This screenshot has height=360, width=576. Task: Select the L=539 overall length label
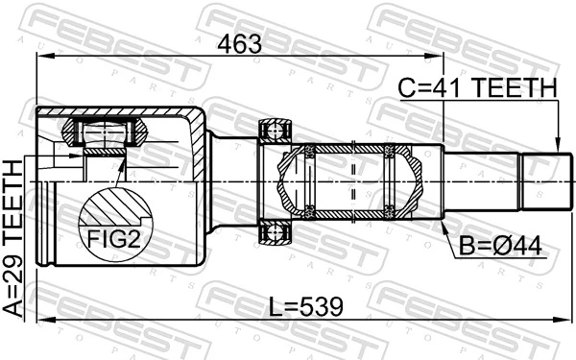305,306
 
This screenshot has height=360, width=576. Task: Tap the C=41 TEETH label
477,88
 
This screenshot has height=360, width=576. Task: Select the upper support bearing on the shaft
275,132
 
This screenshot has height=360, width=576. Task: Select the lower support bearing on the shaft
275,230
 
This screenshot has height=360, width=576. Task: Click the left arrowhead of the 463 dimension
40,57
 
